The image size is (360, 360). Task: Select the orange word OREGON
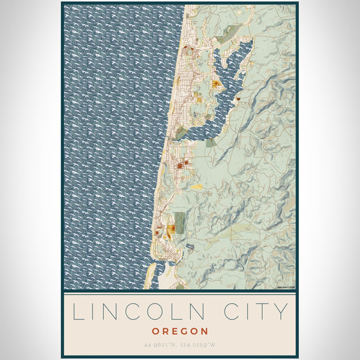pos(180,331)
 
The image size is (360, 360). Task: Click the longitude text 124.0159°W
pos(200,344)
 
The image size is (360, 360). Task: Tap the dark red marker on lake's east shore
pos(238,98)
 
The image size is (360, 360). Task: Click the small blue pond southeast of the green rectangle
pos(190,246)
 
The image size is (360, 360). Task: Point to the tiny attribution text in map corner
pos(286,287)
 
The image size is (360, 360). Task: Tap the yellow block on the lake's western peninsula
pos(215,84)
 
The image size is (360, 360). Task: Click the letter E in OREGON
pos(174,331)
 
